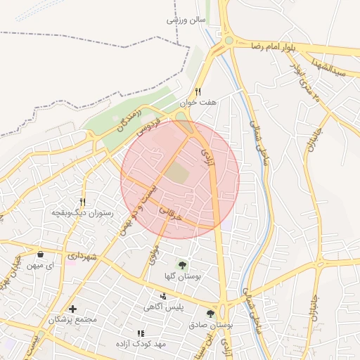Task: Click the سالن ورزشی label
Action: coord(186,20)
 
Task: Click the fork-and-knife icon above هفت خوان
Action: coord(198,91)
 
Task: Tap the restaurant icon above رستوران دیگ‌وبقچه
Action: coord(83,202)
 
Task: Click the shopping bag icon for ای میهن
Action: coord(40,255)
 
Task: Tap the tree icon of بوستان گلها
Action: coord(182,265)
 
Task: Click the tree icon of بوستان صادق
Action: coord(210,314)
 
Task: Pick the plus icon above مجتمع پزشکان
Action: coord(72,309)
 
